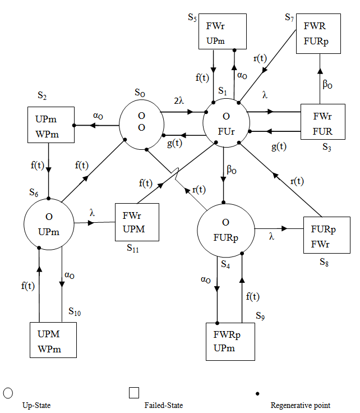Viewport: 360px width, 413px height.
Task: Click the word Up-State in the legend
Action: click(35, 405)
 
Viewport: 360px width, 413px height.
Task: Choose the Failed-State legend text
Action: click(163, 405)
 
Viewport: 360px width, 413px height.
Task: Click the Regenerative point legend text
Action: click(300, 405)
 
